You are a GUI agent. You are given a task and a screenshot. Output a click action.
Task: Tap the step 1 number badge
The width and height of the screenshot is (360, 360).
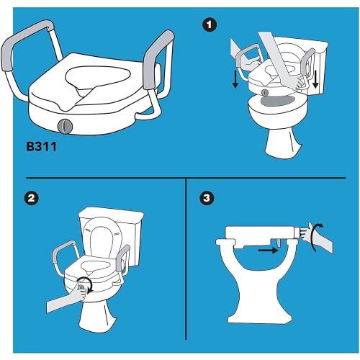(209, 26)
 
